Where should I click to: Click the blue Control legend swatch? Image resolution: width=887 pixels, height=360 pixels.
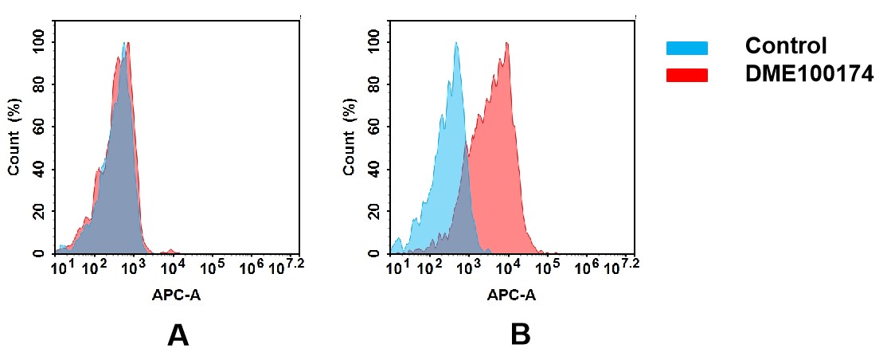tap(686, 48)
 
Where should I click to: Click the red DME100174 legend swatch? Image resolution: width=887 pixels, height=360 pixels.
tap(686, 75)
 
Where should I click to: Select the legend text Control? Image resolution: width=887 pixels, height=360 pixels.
tap(786, 46)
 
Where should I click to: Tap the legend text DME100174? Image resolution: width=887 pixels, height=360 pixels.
tap(809, 74)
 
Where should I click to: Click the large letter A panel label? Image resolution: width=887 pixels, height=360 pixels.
tap(178, 335)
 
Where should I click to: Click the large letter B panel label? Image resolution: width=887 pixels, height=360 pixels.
tap(520, 335)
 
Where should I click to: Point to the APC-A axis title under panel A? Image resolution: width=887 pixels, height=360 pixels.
tap(177, 295)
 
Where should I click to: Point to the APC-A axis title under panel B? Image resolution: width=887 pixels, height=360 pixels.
tap(511, 295)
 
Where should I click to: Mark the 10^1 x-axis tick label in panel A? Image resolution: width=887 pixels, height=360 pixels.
tap(62, 265)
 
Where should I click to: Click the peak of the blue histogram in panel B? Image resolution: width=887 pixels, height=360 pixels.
tap(455, 43)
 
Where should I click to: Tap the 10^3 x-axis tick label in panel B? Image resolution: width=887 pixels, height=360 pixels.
tap(468, 265)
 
